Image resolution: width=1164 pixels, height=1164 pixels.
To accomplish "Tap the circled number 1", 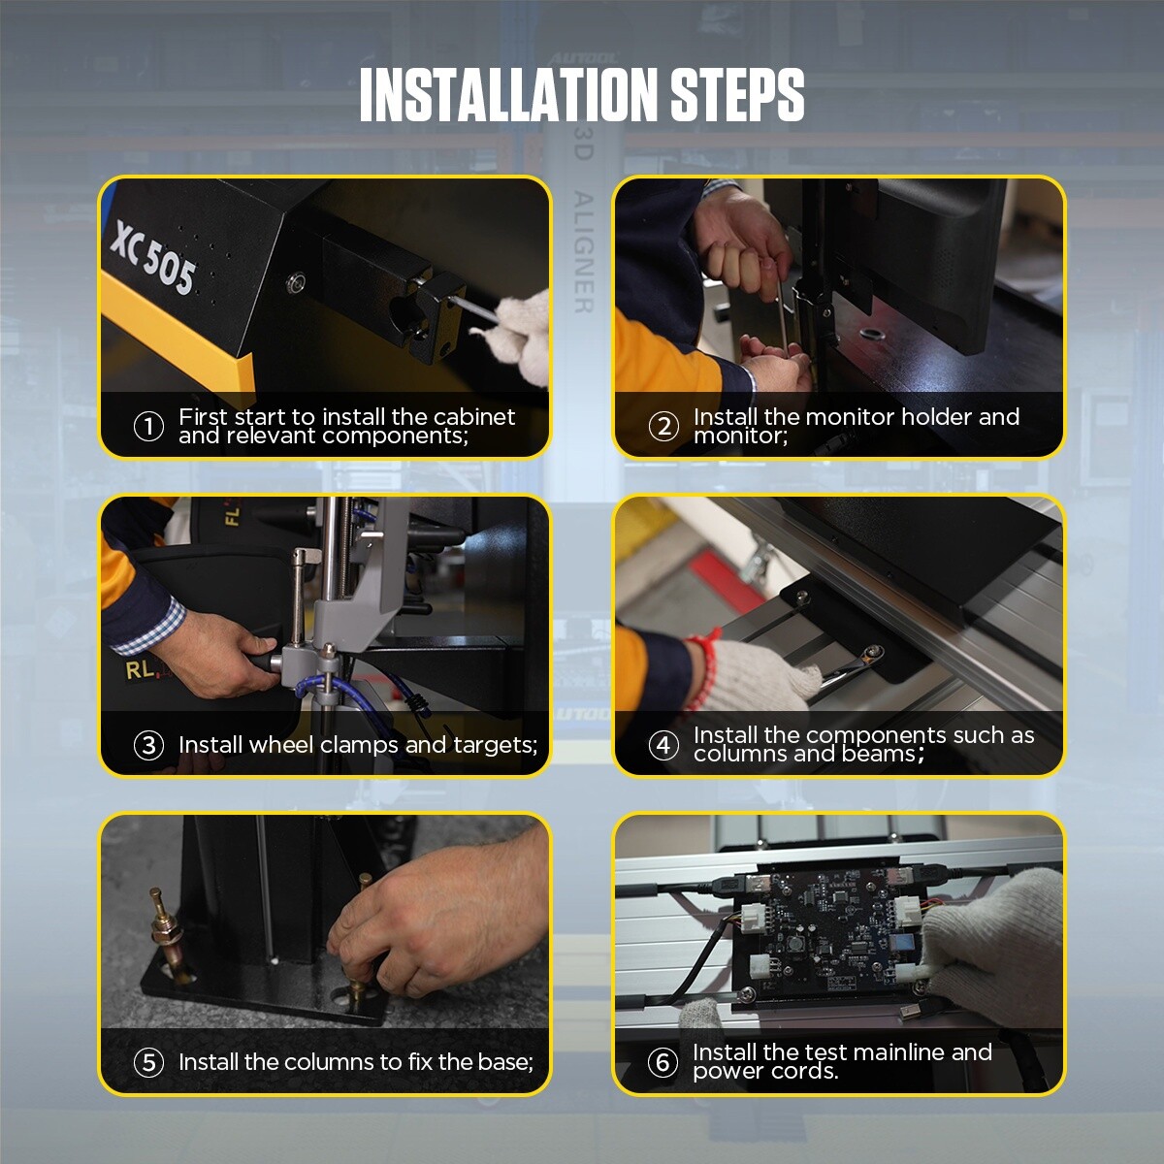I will tap(148, 426).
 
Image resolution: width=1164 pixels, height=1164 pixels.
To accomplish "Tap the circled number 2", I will tap(663, 426).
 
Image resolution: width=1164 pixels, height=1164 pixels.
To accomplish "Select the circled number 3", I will tap(148, 745).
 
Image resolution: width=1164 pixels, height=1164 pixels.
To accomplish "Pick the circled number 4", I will tap(663, 745).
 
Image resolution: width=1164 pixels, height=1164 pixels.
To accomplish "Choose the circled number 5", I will tap(148, 1062).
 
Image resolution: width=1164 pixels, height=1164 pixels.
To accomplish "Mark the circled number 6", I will tap(663, 1062).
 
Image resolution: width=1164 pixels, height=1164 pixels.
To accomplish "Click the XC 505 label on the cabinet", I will tap(153, 258).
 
